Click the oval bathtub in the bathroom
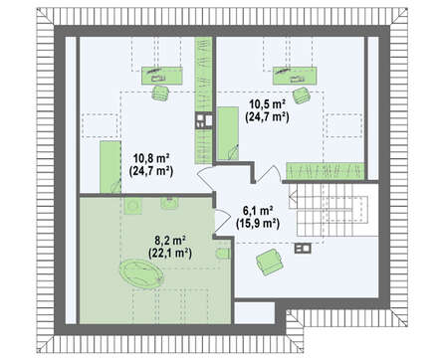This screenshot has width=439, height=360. click(x=141, y=272)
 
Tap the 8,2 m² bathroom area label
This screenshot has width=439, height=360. click(x=170, y=240)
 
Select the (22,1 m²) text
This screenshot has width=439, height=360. click(x=170, y=254)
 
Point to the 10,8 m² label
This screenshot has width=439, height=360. click(x=151, y=158)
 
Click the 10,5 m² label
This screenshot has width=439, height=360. click(x=268, y=104)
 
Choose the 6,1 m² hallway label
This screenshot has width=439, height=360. click(x=258, y=211)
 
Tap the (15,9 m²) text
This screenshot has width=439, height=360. click(x=258, y=224)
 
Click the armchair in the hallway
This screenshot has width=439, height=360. click(x=270, y=262)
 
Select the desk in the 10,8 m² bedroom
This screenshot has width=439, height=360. click(x=162, y=76)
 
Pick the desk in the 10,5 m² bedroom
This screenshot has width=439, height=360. click(x=295, y=76)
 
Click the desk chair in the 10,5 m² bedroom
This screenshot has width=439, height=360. click(x=302, y=95)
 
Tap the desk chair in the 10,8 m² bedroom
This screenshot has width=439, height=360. click(x=160, y=92)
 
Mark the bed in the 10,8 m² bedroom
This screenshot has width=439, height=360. click(x=110, y=167)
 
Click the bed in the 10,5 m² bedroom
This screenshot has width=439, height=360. click(x=228, y=133)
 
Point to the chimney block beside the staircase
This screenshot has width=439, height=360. click(x=302, y=249)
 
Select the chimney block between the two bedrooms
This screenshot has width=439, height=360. click(x=204, y=120)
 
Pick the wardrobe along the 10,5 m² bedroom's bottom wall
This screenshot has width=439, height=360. click(x=326, y=171)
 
